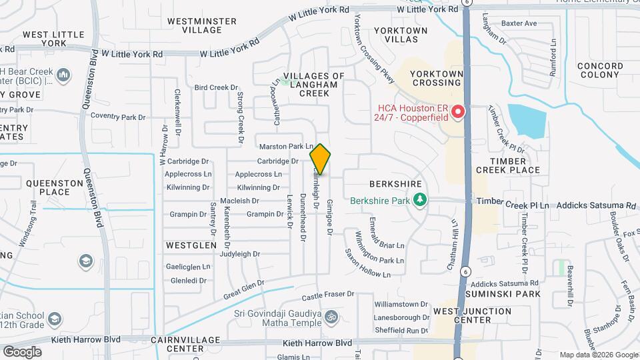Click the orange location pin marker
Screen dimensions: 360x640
pos(321,159)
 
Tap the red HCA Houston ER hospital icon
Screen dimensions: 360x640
pos(457,112)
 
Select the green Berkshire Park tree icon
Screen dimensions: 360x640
pos(420,199)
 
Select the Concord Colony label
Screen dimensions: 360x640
pos(599,70)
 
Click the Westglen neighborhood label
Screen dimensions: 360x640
pos(191,245)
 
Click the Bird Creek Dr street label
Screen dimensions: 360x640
pos(216,87)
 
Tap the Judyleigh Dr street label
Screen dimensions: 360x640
pos(240,254)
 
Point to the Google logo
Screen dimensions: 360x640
pos(21,351)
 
